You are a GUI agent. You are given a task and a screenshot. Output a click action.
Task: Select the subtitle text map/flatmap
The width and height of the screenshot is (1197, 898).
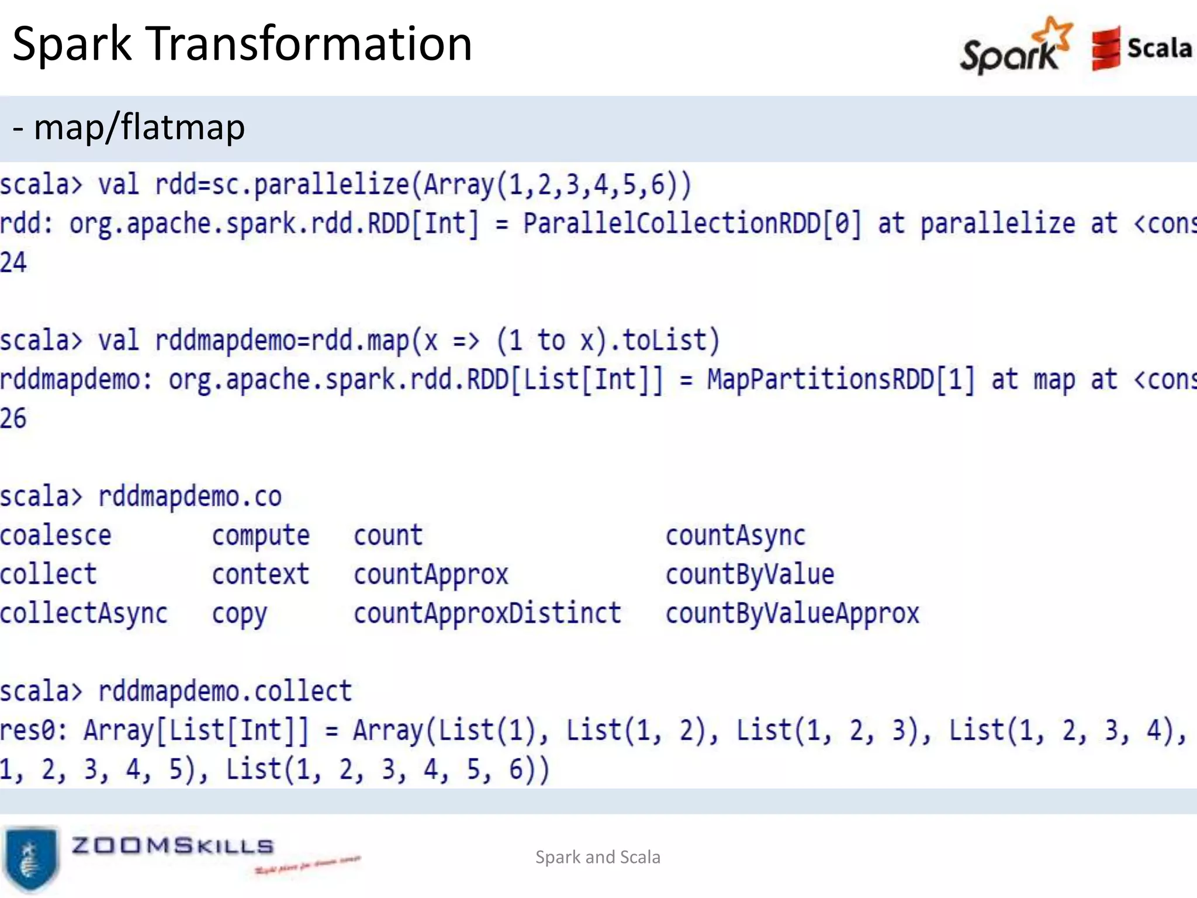point(139,127)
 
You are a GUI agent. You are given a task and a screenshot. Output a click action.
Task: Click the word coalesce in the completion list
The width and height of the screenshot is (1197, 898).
point(56,536)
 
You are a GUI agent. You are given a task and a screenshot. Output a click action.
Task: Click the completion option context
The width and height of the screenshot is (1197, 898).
point(261,575)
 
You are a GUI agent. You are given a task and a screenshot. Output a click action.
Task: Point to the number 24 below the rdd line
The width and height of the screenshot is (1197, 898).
point(13,263)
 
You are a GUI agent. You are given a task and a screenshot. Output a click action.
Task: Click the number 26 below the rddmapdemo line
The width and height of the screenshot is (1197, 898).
point(13,419)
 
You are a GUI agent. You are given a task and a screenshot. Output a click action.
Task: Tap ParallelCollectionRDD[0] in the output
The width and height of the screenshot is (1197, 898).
point(692,224)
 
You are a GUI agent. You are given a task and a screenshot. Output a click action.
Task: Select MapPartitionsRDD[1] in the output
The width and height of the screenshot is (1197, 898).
point(841,380)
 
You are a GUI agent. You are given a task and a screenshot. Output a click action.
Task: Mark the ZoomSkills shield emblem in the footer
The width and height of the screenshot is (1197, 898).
point(30,858)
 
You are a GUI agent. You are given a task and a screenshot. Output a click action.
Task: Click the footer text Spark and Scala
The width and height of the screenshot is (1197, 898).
point(598,857)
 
